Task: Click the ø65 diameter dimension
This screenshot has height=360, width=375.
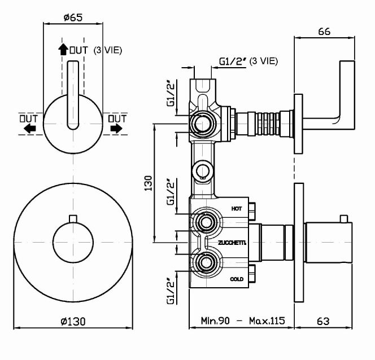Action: [73, 17]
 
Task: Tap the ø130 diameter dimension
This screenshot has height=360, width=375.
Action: [73, 322]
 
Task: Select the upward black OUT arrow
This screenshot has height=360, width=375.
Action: [63, 50]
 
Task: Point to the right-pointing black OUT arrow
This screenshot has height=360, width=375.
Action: [116, 129]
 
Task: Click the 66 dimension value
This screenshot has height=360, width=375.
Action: [324, 32]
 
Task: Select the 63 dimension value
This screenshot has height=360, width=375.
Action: [323, 322]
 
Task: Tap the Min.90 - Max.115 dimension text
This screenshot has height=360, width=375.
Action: [243, 322]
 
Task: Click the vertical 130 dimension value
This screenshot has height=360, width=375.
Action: [148, 184]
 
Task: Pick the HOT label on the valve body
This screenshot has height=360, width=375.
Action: [237, 209]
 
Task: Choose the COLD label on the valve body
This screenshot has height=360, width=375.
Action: [237, 279]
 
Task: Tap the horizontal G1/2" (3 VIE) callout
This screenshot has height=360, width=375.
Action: [248, 61]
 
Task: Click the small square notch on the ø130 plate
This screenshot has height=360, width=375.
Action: [72, 218]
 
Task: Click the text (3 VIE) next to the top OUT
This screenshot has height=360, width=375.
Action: [107, 50]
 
